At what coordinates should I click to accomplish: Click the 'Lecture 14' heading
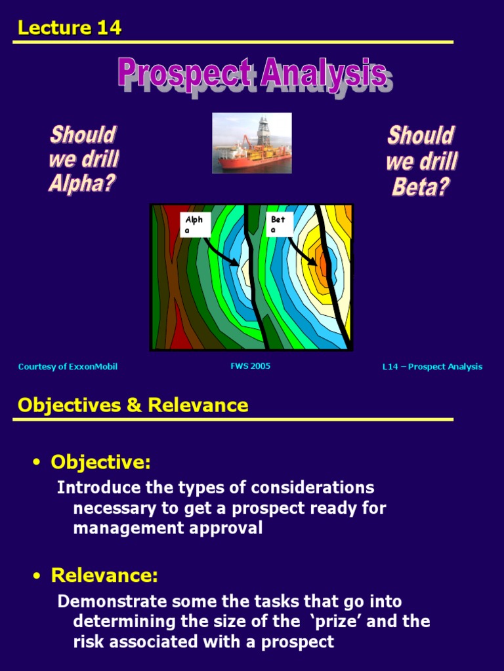coord(70,28)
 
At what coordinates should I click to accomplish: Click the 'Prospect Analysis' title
coord(252,73)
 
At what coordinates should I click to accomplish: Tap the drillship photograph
coord(251,143)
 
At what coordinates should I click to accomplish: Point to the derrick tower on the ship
coord(263,131)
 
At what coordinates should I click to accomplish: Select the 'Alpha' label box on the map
coord(194,224)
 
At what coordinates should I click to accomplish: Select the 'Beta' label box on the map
coord(278,224)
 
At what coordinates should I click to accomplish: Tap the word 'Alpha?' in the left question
coord(82,183)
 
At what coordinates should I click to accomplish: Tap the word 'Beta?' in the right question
coord(421,187)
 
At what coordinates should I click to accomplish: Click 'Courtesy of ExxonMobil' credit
coord(68,366)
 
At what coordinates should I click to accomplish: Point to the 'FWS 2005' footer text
coord(250,366)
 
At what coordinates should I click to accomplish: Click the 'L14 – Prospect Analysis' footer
coord(432,366)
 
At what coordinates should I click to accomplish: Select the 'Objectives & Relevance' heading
coord(133,405)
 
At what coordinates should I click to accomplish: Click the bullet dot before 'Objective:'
coord(37,464)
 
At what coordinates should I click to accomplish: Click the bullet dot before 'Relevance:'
coord(37,577)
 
